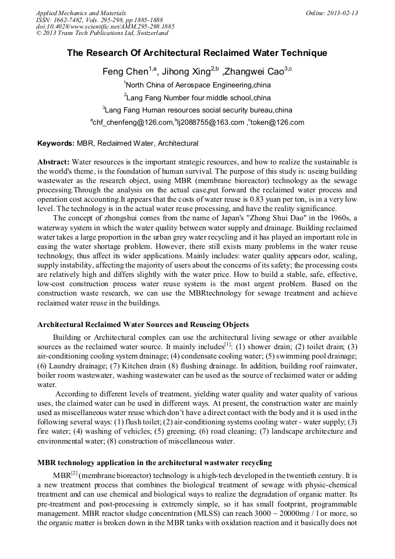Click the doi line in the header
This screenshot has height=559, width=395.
pyautogui.click(x=105, y=27)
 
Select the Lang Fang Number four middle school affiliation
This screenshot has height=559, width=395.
pyautogui.click(x=199, y=97)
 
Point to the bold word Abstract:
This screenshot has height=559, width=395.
pyautogui.click(x=54, y=161)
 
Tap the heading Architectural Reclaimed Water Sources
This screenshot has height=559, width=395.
pyautogui.click(x=143, y=325)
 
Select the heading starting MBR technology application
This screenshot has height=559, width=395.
pyautogui.click(x=154, y=463)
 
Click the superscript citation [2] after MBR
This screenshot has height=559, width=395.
pyautogui.click(x=74, y=474)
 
